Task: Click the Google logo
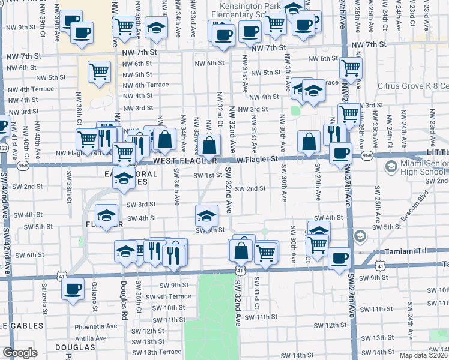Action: click(20, 353)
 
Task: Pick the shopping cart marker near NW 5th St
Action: click(99, 71)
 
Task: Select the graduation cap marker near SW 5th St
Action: click(206, 214)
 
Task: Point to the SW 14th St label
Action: click(291, 355)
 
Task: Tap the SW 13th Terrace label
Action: click(157, 352)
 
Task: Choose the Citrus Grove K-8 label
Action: click(413, 86)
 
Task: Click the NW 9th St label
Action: click(19, 27)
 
